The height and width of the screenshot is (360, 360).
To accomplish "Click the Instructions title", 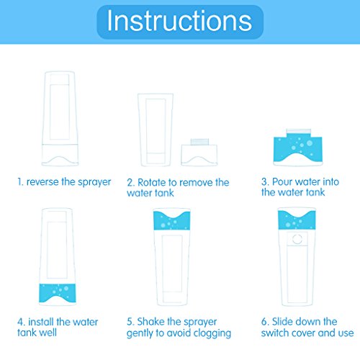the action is pos(179,21).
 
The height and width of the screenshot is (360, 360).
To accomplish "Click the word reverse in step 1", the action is pos(42,182).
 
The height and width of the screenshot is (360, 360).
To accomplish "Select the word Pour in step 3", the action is pos(283,181).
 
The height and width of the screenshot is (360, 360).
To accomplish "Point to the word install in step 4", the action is pos(42,322).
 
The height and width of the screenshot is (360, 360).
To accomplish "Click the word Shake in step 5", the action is pos(150,322).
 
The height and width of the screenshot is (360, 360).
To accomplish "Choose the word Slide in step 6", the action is pos(284,322).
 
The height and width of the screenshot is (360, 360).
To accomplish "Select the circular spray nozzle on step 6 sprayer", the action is pos(297,239).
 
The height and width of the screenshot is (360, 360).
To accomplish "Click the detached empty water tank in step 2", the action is pos(199,153).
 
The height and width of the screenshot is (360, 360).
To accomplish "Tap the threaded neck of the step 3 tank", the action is pos(298,132).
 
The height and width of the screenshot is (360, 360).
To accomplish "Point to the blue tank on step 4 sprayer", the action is pos(58,293).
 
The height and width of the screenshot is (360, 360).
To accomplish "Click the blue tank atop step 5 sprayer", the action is pos(171,220).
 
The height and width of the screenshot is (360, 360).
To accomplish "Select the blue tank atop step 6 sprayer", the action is pos(297,220).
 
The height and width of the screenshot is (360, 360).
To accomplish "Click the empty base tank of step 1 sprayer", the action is pos(60,155).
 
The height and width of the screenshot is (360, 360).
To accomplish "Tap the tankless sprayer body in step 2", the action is pos(156,130).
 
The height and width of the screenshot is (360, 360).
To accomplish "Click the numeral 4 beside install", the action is pos(20,322).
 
